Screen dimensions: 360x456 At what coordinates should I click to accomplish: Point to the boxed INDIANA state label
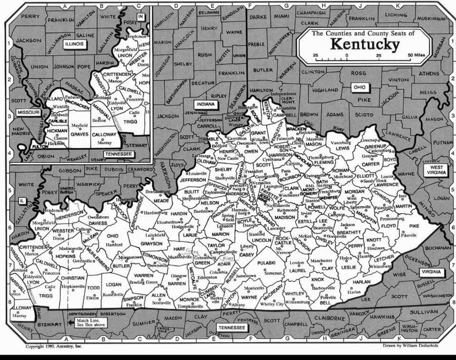point(206,104)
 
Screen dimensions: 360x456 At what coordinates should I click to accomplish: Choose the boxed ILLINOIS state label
point(74,44)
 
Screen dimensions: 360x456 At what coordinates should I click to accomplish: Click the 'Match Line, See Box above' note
point(91,323)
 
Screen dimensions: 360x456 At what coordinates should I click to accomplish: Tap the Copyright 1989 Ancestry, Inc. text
point(53,346)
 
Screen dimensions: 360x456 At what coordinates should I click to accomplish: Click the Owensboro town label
point(98,217)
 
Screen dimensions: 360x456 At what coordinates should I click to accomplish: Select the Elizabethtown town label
point(170,222)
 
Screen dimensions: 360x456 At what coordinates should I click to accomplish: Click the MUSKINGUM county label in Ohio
point(432,18)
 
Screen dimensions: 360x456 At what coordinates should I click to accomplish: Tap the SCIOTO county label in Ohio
point(364,114)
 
